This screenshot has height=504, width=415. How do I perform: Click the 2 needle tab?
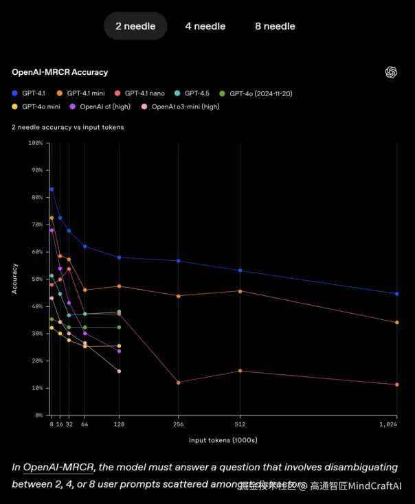[x=135, y=26]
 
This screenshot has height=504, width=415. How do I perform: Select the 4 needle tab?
[x=205, y=26]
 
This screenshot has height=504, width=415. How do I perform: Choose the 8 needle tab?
[x=275, y=26]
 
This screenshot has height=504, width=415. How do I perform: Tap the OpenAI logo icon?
[x=392, y=72]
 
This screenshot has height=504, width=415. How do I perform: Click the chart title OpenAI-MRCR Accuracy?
[x=60, y=72]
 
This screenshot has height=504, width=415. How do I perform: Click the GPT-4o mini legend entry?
[x=41, y=106]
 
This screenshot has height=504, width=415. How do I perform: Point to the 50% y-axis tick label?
[x=37, y=279]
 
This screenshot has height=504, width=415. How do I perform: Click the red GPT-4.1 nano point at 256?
[x=179, y=382]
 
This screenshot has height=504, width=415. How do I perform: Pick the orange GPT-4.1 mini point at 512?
[x=240, y=291]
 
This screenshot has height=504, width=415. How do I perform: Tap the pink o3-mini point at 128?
[x=119, y=371]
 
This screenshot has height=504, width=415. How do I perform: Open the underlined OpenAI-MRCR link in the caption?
[x=59, y=467]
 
